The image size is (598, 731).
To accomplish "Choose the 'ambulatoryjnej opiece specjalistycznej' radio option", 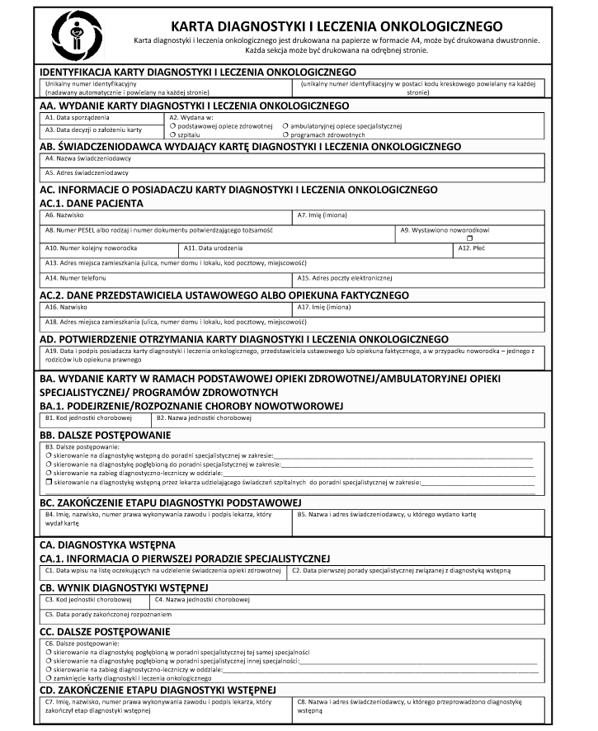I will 285,125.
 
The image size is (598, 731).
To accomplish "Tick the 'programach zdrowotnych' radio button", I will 285,134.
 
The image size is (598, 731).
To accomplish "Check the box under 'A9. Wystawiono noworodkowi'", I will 469,238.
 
